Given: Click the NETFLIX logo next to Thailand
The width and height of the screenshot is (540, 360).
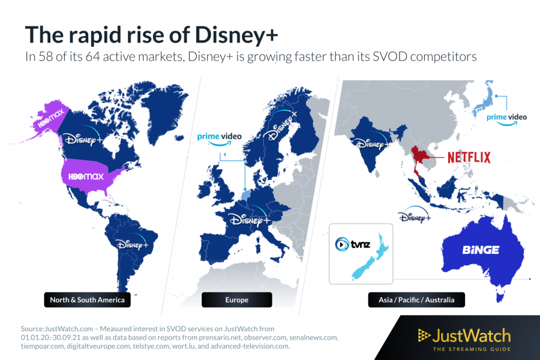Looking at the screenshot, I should (469, 157).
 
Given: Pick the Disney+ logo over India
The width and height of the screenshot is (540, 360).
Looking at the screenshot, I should (372, 143).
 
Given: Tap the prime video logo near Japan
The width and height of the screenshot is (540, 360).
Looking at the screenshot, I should (506, 118).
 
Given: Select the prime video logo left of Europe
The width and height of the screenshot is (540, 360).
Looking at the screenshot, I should (219, 138).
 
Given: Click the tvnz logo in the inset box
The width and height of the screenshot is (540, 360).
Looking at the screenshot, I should (351, 244).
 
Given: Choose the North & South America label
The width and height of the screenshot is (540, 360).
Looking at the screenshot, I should (86, 299).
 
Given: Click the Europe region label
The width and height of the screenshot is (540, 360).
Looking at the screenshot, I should (236, 299).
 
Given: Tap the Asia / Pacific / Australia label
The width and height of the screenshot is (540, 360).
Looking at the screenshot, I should (416, 299).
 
